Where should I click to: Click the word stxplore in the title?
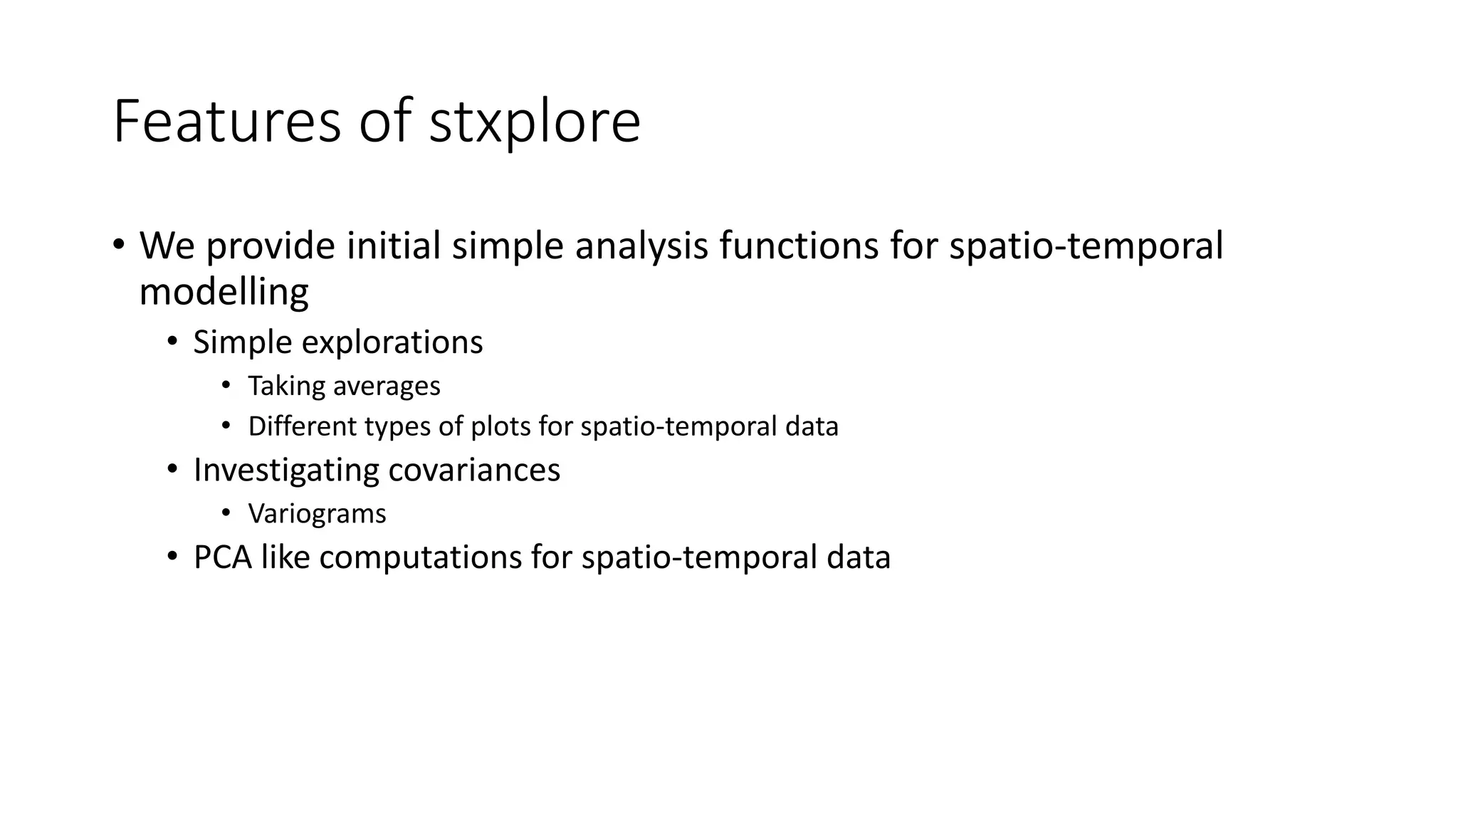(x=534, y=122)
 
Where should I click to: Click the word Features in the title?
(x=226, y=122)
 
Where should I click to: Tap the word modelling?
(x=224, y=292)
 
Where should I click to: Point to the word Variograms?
(x=317, y=514)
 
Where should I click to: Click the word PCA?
(x=222, y=557)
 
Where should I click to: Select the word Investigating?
(x=286, y=471)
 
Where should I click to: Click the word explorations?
(x=392, y=343)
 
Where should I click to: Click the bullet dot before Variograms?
(x=226, y=512)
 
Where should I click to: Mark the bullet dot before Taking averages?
(x=226, y=385)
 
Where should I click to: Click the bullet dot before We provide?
(x=118, y=243)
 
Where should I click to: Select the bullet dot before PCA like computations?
(x=172, y=556)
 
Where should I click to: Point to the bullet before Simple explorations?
(x=172, y=342)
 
